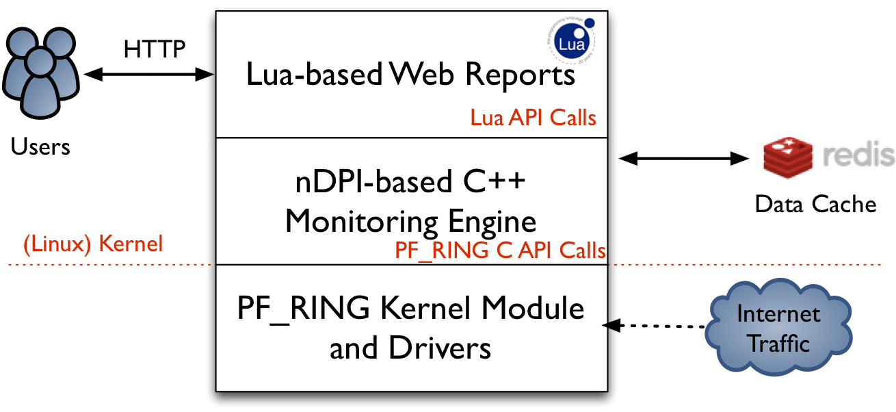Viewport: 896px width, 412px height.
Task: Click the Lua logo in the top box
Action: pyautogui.click(x=571, y=40)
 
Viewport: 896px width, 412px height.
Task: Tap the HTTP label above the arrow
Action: pyautogui.click(x=155, y=49)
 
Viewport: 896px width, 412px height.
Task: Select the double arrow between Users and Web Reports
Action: pyautogui.click(x=149, y=75)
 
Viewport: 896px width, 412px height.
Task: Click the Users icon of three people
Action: pyautogui.click(x=41, y=73)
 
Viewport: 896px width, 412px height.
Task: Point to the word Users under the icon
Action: pyautogui.click(x=40, y=146)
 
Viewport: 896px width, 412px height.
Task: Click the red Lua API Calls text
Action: pyautogui.click(x=533, y=118)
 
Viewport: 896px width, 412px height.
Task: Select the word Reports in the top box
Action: pyautogui.click(x=520, y=75)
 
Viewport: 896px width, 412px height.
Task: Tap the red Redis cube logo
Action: pyautogui.click(x=788, y=157)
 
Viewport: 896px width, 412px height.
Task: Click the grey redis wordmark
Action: pyautogui.click(x=858, y=155)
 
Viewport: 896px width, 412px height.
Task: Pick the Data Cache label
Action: pyautogui.click(x=815, y=204)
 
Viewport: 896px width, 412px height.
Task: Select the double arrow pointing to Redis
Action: pyautogui.click(x=683, y=159)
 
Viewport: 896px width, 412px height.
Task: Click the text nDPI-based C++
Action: pyautogui.click(x=410, y=182)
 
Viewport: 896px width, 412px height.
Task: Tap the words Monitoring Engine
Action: pyautogui.click(x=411, y=221)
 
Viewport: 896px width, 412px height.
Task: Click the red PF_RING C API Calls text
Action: pyautogui.click(x=500, y=250)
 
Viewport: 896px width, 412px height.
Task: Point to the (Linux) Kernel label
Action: pyautogui.click(x=93, y=244)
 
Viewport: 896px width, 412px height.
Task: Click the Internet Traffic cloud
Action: pyautogui.click(x=778, y=326)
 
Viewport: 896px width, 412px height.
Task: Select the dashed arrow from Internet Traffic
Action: pyautogui.click(x=654, y=326)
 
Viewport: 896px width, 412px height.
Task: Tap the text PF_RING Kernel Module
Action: pyautogui.click(x=411, y=309)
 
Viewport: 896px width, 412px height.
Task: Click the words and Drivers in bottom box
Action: pyautogui.click(x=410, y=348)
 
